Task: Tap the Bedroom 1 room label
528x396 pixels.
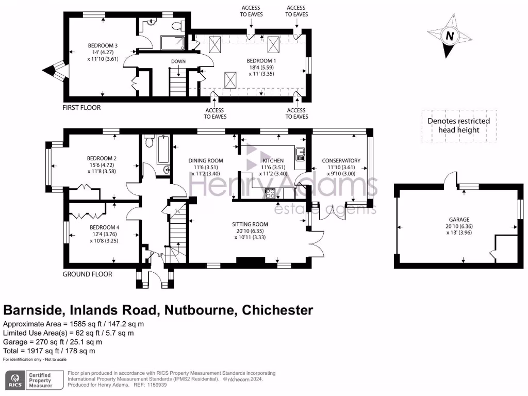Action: [261, 61]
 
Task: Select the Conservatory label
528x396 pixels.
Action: [341, 160]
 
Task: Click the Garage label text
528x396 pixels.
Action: [459, 219]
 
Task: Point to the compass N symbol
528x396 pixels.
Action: [450, 37]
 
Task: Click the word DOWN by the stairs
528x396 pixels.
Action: [178, 61]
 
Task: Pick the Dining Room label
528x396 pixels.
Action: [206, 160]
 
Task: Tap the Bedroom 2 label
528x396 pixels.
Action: [102, 158]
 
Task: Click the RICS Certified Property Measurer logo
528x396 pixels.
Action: [31, 380]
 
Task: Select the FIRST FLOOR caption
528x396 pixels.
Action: [81, 108]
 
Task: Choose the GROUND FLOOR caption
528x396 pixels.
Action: [87, 274]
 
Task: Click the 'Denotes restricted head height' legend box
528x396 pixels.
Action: [459, 126]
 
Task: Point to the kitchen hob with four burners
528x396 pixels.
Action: [270, 193]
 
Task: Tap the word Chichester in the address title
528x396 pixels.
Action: [277, 310]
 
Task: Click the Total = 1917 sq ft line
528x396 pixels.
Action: [49, 351]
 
